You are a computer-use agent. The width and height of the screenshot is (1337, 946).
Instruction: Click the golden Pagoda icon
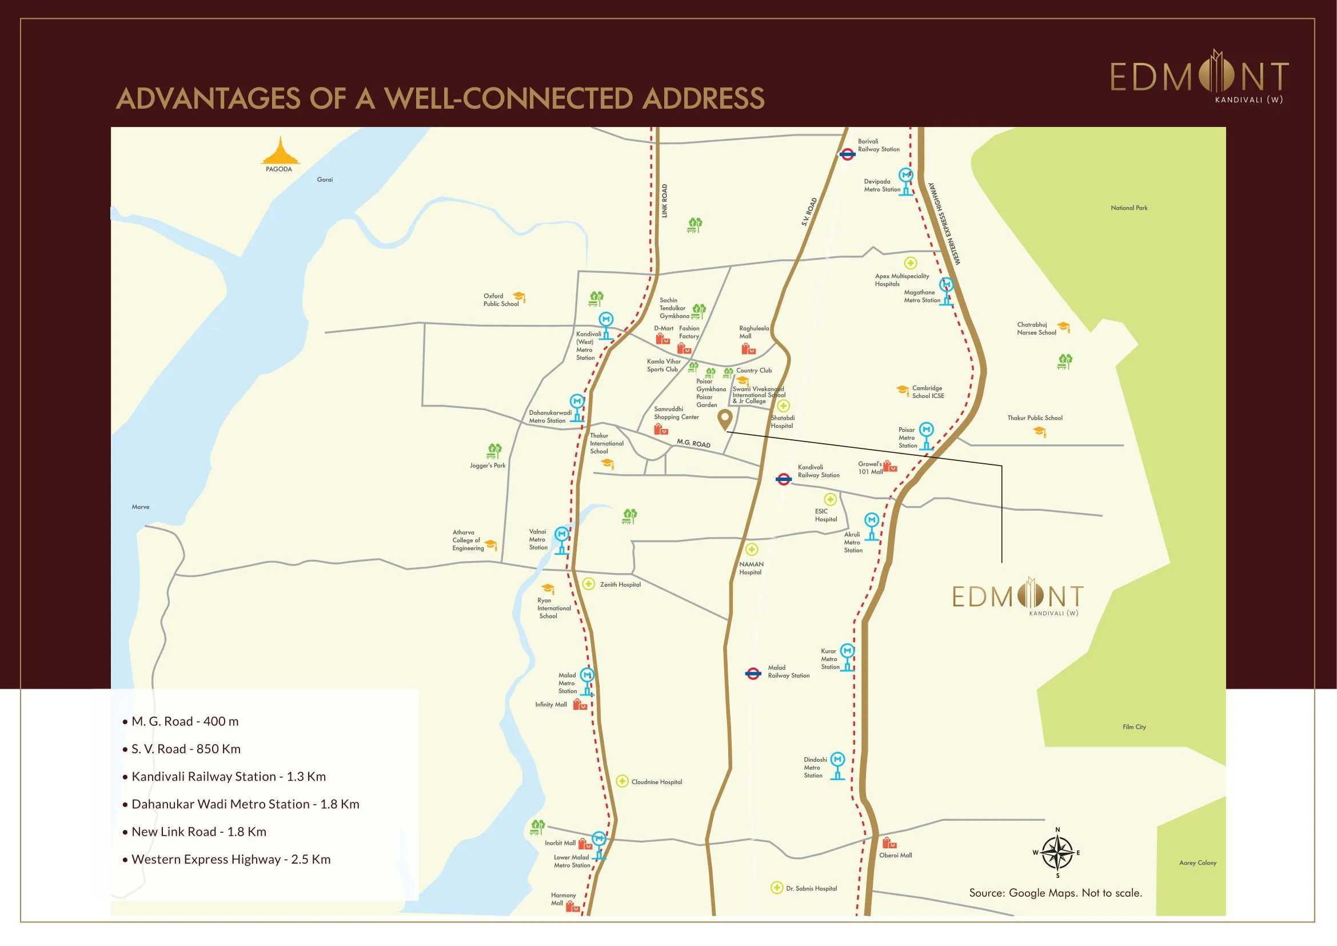[281, 152]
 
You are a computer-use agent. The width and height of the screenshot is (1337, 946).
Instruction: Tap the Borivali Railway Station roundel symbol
[847, 154]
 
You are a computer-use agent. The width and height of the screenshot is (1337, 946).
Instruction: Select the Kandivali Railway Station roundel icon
[784, 479]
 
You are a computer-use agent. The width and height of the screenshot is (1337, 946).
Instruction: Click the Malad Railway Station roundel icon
[753, 673]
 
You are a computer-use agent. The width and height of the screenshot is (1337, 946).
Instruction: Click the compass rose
[1057, 853]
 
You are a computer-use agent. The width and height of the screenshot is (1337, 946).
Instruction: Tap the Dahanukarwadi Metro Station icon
[577, 407]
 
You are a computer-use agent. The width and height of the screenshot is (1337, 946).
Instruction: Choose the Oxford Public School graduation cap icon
[519, 297]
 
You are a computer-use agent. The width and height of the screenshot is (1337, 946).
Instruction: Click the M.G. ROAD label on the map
[693, 443]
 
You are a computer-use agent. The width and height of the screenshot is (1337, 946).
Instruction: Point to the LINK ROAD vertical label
[664, 201]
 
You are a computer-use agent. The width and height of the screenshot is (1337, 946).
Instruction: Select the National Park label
[1128, 208]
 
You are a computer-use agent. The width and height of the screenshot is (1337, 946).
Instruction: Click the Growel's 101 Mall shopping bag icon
[890, 466]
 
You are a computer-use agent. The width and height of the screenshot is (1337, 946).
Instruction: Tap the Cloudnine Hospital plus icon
[622, 781]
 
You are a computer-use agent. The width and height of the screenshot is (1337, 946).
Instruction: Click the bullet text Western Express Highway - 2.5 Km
[230, 859]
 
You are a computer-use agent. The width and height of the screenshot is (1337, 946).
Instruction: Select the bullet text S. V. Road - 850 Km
[186, 749]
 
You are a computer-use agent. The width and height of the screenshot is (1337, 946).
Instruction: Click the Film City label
[1134, 727]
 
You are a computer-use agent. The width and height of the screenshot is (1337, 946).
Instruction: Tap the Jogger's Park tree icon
[494, 451]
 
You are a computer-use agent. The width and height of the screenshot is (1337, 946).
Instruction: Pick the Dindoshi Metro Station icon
[837, 765]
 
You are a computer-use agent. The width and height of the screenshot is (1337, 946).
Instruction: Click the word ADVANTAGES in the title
[208, 98]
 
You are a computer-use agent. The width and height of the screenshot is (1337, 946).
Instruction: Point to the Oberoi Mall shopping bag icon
[889, 843]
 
